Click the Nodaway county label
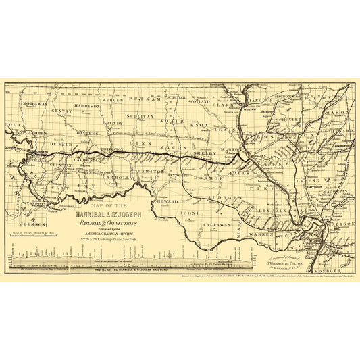35,104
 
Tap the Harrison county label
88,106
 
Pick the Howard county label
168,201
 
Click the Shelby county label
209,151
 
